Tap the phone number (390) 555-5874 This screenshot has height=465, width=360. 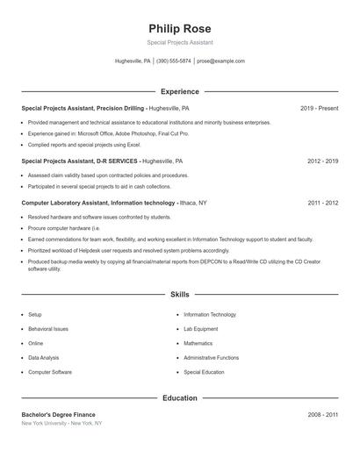[x=174, y=61]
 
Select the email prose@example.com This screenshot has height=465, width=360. [x=220, y=61]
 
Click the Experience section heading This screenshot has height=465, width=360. [x=180, y=91]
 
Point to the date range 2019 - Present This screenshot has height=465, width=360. [x=319, y=108]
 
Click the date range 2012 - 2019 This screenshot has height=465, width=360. [x=322, y=161]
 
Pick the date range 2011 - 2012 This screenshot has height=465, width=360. [x=322, y=203]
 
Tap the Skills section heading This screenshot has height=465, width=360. [x=180, y=296]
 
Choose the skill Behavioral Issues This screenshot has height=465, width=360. [x=48, y=328]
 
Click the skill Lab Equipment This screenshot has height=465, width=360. [x=200, y=328]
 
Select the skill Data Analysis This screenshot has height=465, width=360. [x=44, y=358]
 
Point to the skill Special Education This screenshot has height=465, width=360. [x=204, y=372]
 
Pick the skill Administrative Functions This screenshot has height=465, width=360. [x=211, y=358]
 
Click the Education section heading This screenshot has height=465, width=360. [x=180, y=397]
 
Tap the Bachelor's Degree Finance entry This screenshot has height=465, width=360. [x=59, y=414]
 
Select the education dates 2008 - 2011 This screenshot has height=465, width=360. [x=322, y=414]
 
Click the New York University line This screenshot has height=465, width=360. [x=61, y=423]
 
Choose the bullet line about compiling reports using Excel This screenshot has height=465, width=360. [x=83, y=143]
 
